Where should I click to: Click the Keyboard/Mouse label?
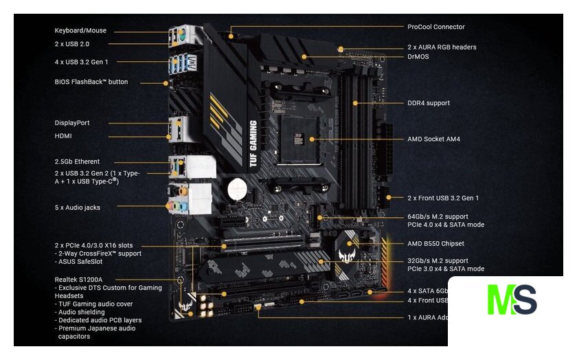tap(80, 31)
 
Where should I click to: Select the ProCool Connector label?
tap(435, 27)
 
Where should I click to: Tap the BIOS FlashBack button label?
tap(91, 82)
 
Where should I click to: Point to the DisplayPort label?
tap(72, 123)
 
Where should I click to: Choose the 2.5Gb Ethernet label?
tap(77, 161)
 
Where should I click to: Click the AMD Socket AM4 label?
tap(433, 139)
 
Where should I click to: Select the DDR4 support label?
tap(429, 103)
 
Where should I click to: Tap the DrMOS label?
tap(418, 56)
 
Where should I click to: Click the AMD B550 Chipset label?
tap(435, 243)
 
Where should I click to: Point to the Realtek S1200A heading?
tap(78, 280)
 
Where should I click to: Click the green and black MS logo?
tap(512, 300)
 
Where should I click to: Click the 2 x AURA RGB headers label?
tap(442, 47)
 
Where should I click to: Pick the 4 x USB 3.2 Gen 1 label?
tap(81, 62)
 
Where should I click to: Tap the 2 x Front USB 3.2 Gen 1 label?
tap(443, 198)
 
